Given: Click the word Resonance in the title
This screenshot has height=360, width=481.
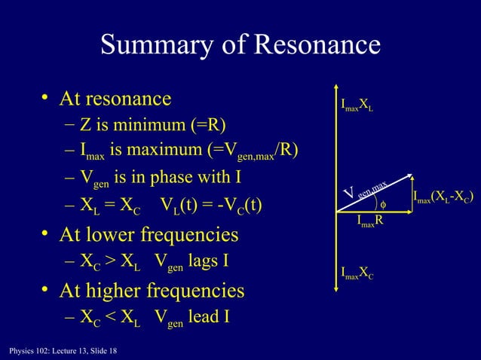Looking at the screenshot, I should tap(317, 46).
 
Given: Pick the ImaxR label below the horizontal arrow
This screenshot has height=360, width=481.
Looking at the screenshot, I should tap(375, 221).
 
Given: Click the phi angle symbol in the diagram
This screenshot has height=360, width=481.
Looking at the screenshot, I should tap(382, 203).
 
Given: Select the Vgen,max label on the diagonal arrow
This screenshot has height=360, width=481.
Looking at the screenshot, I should tap(366, 191).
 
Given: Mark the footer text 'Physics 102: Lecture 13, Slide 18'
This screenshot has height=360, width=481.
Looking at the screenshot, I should tap(58, 351).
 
